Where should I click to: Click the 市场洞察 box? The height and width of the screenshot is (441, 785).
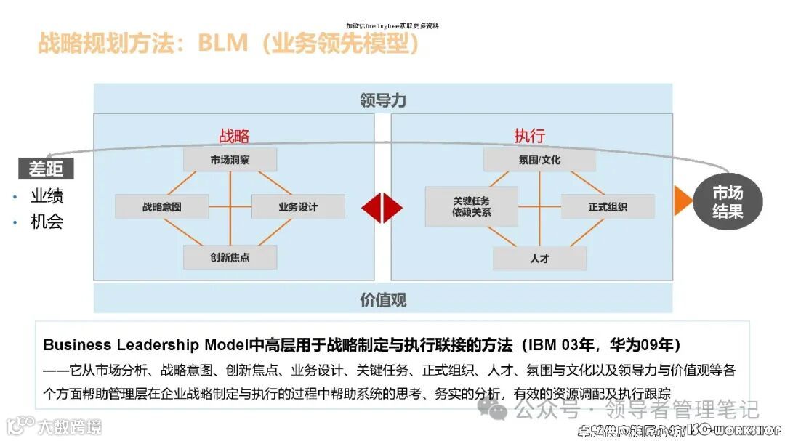click(x=230, y=159)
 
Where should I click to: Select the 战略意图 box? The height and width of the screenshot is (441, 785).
click(x=162, y=207)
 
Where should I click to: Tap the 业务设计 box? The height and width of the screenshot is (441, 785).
click(x=298, y=207)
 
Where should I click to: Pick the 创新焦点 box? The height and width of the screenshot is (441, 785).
click(x=230, y=257)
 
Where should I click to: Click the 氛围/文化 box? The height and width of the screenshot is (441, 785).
click(x=539, y=159)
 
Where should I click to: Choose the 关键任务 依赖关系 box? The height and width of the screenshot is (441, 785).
click(x=472, y=206)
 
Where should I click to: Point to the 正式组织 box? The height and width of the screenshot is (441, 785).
click(x=607, y=207)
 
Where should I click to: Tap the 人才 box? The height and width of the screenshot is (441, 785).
click(x=539, y=258)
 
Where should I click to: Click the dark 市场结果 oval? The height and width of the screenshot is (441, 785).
click(x=727, y=202)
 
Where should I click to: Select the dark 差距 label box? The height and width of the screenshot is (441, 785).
click(x=46, y=169)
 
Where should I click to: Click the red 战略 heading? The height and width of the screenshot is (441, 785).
click(x=234, y=136)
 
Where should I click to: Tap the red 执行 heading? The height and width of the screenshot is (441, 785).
click(x=529, y=136)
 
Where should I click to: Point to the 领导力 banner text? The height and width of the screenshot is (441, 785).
click(x=383, y=100)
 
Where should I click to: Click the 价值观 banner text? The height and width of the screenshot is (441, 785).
click(x=383, y=299)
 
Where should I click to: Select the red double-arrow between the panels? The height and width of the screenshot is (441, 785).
click(x=382, y=207)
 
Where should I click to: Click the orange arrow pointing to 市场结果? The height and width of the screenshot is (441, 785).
click(x=683, y=201)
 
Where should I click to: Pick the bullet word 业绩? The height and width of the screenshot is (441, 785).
click(x=47, y=196)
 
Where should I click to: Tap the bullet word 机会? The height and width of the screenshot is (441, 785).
click(x=47, y=222)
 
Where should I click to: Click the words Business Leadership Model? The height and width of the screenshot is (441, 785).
click(x=145, y=344)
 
